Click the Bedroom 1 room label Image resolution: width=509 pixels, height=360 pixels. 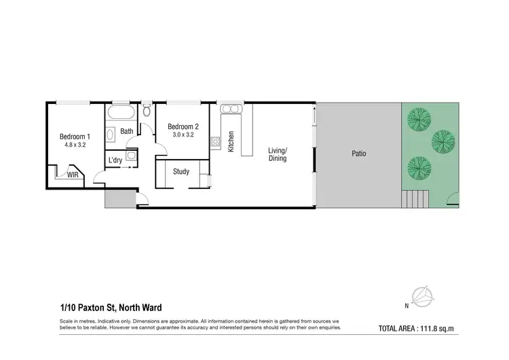coord(75,136)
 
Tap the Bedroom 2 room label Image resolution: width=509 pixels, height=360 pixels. coord(183,126)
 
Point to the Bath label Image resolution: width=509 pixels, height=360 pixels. coord(127,132)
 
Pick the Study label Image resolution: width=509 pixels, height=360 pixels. coord(181,172)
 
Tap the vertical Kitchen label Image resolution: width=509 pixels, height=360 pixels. coord(231,141)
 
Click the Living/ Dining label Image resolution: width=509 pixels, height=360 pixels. coord(278,154)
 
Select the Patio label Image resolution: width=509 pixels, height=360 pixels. coord(358,154)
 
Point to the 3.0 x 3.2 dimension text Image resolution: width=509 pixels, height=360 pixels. coord(183,135)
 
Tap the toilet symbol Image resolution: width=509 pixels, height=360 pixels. coord(147,111)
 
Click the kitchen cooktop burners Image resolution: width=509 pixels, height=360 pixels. coord(215,142)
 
